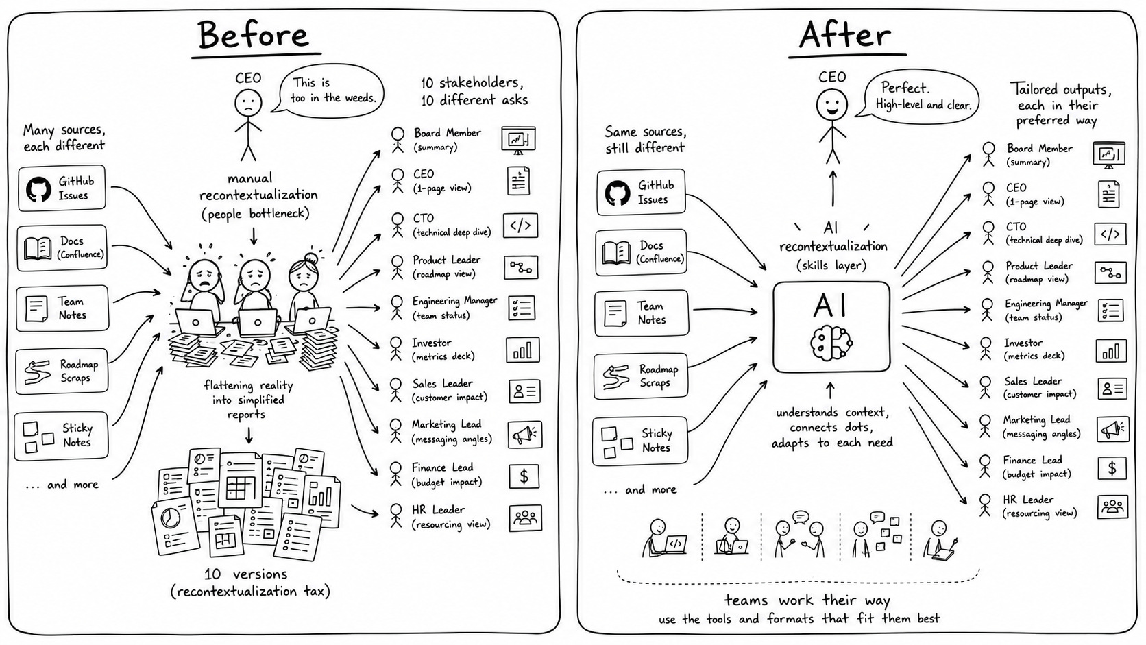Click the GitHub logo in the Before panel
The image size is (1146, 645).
coord(38,189)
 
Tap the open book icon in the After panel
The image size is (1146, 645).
coord(616,253)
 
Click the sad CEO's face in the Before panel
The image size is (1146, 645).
coord(248,104)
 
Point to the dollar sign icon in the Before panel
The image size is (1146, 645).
coord(524,476)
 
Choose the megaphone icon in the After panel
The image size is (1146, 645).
coord(1112,429)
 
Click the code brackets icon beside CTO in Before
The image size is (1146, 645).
coord(520,226)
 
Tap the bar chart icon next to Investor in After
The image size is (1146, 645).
coord(1110,352)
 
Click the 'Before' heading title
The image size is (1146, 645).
coord(253,35)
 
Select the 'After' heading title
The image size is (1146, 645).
coord(845,35)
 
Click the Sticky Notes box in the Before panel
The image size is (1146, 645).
coord(62,436)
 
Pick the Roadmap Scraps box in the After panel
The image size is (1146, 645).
coord(641,376)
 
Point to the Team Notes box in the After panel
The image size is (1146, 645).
coord(642,313)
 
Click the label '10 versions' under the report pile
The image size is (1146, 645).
coord(245,574)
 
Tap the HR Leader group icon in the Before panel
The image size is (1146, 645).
coord(526,518)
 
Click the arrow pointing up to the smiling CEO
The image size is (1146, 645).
coord(833,188)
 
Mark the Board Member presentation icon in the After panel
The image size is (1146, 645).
coord(1109,155)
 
